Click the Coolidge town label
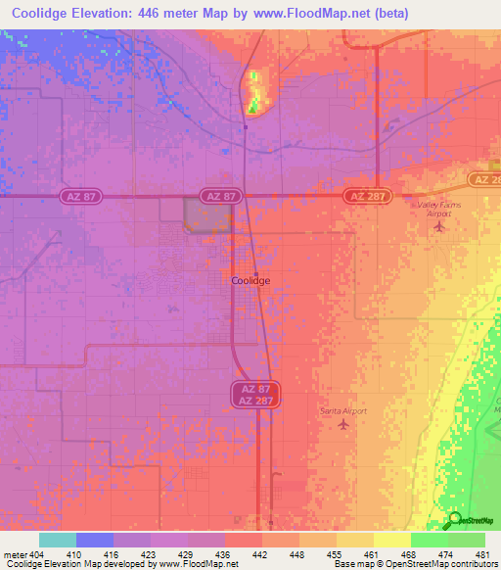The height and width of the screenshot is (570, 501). (x=250, y=280)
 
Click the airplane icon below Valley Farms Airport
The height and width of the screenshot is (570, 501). (x=438, y=228)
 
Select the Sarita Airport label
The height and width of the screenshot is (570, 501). (x=342, y=411)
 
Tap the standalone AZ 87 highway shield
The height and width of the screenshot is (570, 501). (x=220, y=197)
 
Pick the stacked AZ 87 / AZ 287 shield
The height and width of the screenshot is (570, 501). (x=256, y=395)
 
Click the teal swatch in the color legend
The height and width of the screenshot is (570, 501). (x=58, y=540)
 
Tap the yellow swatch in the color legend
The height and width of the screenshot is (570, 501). (x=391, y=540)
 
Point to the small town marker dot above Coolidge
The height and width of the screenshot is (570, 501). (x=255, y=272)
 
